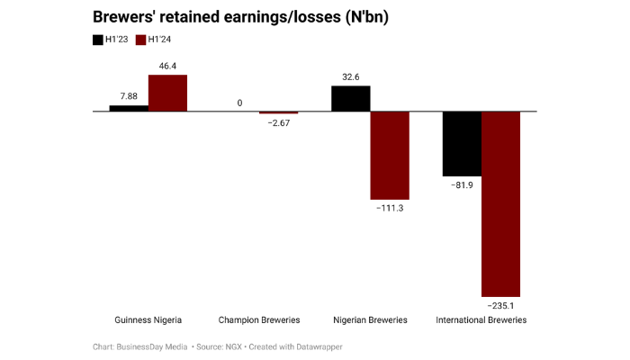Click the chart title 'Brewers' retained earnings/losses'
point(234,17)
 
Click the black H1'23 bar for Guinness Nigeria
point(129,108)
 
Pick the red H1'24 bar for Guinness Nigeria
point(167,93)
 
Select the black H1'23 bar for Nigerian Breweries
point(350,98)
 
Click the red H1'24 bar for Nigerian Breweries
point(390,155)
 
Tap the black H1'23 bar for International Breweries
point(462,143)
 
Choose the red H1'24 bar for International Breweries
point(501,203)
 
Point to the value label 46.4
point(167,66)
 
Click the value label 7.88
point(129,96)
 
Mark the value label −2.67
point(278,122)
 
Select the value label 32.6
point(350,76)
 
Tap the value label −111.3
point(390,208)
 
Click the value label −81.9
point(462,184)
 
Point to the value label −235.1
point(501,306)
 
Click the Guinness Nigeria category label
point(148,320)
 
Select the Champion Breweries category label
point(259,320)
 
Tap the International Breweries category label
point(481,320)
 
